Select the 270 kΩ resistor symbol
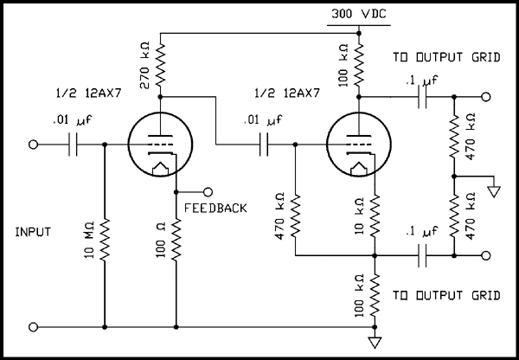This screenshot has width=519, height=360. pos(163,66)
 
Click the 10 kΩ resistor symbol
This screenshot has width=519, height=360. pos(375,217)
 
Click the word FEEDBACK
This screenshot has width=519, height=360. pos(215,209)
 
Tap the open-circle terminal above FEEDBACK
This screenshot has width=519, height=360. pos(208,191)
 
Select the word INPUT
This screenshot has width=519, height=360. pos(33,232)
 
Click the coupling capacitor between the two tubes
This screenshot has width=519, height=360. pos(266,145)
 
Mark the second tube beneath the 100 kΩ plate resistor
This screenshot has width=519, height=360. pos(357,145)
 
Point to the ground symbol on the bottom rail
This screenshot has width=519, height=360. pos(375,340)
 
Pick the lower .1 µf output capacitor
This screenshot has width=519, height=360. pos(421,255)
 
